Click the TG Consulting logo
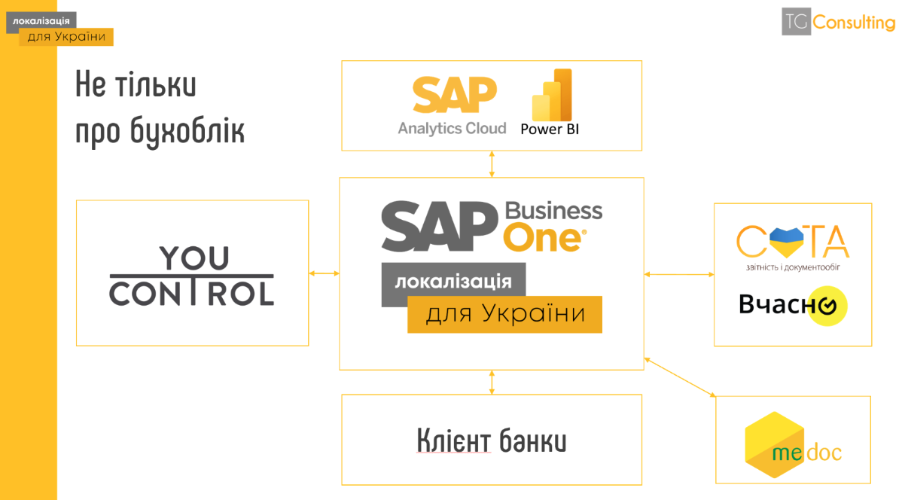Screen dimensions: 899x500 tap(838, 22)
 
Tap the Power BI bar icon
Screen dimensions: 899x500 tap(552, 95)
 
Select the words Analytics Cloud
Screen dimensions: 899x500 tap(452, 128)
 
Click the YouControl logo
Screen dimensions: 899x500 tap(191, 276)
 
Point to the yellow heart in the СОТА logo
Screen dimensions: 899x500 tap(786, 242)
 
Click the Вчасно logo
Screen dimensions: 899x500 tap(792, 305)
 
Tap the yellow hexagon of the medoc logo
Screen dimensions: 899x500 tap(775, 445)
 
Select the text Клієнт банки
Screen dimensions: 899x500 tap(492, 441)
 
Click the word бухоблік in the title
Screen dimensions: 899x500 tap(187, 131)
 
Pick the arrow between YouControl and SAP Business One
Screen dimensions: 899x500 tap(324, 273)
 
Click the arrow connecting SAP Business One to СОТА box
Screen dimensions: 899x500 tap(679, 275)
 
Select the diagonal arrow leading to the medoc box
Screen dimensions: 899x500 tap(680, 377)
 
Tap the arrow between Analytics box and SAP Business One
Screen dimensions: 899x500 tap(492, 164)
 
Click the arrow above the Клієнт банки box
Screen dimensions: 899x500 tap(492, 383)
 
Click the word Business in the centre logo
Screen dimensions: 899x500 tap(553, 211)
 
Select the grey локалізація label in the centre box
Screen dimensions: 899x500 tap(453, 281)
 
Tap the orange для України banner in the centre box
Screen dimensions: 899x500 tap(504, 314)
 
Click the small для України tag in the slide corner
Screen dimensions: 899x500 tap(66, 37)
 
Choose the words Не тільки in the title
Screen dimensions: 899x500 tap(136, 84)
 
